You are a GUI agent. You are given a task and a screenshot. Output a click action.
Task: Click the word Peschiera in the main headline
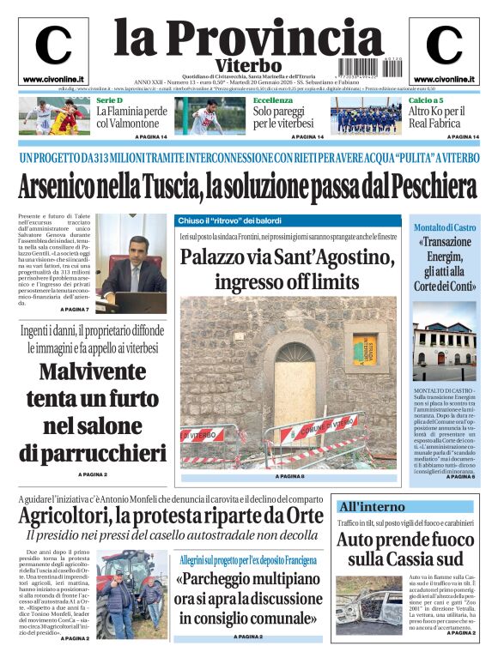pos(425,185)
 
